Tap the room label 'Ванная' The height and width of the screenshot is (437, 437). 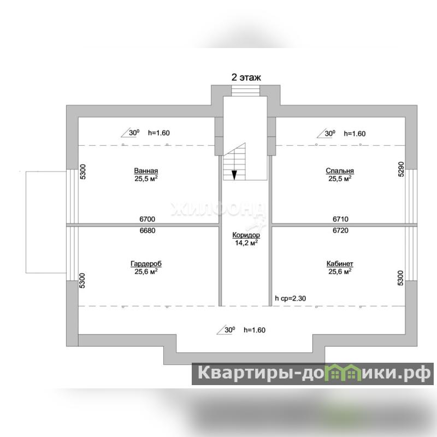pos(146,170)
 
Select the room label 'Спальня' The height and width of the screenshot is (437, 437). pos(340,170)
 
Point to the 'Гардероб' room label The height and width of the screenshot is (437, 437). pos(146,263)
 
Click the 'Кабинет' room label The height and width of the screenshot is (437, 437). pos(340,263)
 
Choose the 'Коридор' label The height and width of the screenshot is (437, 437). pos(245,235)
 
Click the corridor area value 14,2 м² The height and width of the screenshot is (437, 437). pos(245,243)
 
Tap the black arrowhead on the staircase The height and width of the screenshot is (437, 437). pos(234,175)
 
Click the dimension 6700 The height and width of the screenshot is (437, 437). pos(147,218)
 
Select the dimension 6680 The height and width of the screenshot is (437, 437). pos(147,231)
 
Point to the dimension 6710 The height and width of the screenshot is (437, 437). pos(340,218)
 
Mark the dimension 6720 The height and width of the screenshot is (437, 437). pos(340,231)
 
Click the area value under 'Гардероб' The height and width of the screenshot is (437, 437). pos(146,271)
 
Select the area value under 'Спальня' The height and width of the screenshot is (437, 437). pos(340,178)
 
